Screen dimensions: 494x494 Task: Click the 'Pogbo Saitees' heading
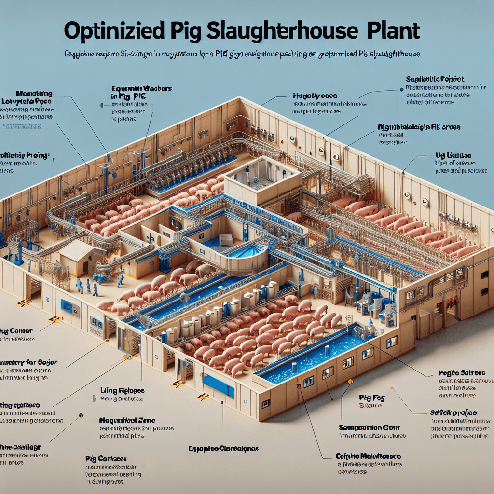pos(462,373)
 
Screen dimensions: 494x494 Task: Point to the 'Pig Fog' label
pos(371,398)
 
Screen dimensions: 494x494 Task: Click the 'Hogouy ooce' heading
pos(315,96)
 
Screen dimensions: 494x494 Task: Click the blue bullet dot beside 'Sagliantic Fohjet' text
pos(402,89)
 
